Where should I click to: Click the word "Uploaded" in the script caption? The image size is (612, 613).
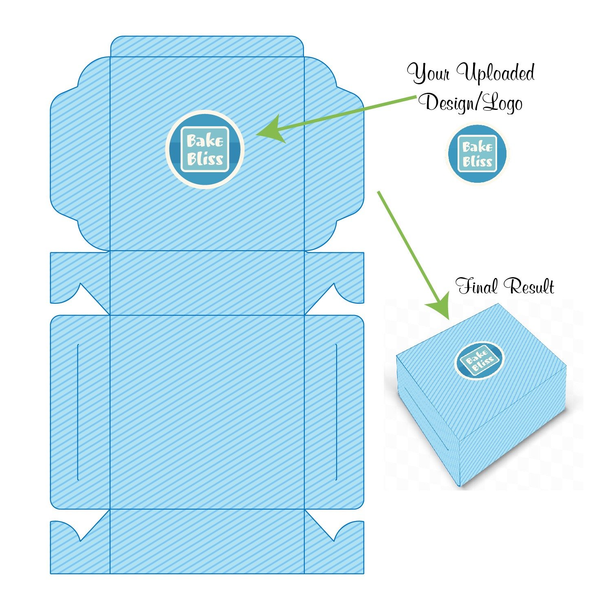[x=495, y=74]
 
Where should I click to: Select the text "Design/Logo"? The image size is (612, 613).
[x=473, y=103]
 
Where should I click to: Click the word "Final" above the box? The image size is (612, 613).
[x=476, y=286]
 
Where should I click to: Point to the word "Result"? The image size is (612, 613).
[x=528, y=286]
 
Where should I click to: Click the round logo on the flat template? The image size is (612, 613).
[x=205, y=149]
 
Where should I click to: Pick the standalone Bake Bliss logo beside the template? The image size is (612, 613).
[x=477, y=153]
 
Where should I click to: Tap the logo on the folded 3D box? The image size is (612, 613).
[x=479, y=360]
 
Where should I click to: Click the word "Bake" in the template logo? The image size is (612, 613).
[x=205, y=141]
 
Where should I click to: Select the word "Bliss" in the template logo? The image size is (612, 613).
[x=205, y=159]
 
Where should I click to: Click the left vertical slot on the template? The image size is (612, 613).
[x=77, y=412]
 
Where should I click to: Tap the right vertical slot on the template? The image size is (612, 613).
[x=336, y=412]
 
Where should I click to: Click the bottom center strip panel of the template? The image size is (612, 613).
[x=207, y=541]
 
